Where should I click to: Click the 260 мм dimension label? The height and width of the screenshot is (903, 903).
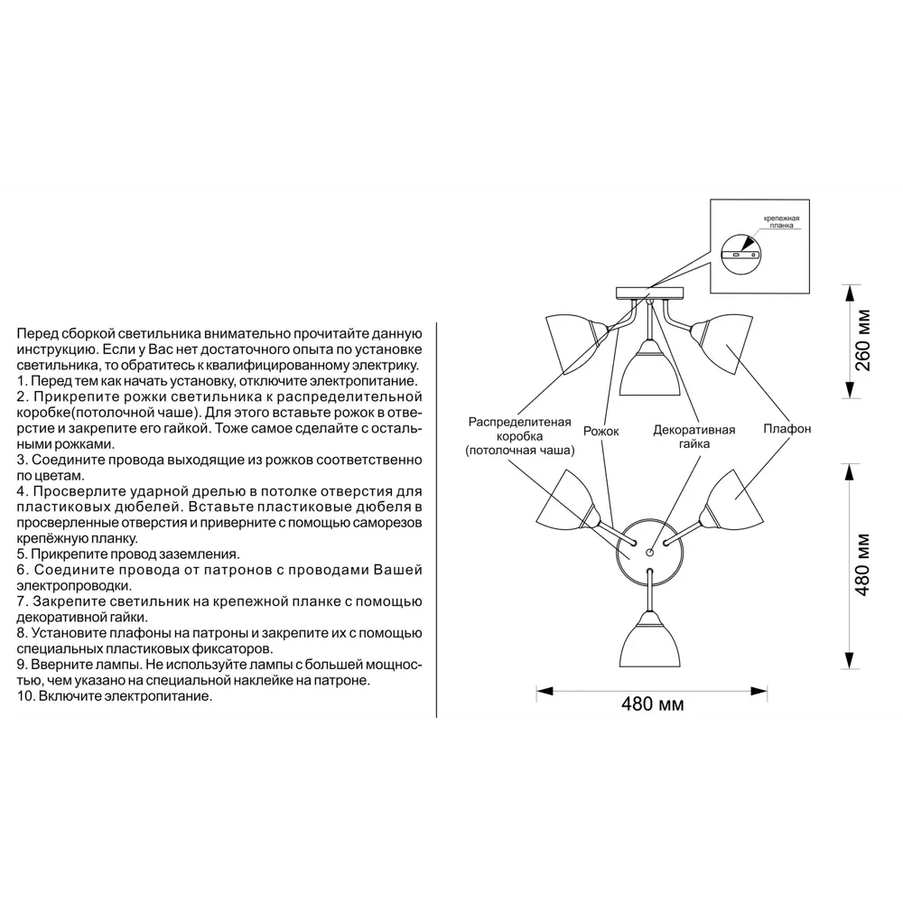863,340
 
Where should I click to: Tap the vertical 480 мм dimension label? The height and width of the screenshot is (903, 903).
862,565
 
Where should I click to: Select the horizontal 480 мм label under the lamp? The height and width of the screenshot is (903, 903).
653,703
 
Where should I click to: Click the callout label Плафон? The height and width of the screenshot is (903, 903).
787,428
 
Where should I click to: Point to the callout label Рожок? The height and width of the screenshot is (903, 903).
600,431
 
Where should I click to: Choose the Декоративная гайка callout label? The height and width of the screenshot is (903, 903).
694,436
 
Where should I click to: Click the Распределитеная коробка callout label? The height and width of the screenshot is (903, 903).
519,436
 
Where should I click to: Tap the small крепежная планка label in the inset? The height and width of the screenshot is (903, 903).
781,222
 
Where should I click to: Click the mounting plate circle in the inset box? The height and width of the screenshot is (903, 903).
740,254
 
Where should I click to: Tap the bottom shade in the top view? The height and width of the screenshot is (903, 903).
649,639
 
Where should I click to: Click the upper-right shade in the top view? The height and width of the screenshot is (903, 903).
732,500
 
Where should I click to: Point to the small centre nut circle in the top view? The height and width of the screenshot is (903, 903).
649,553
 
